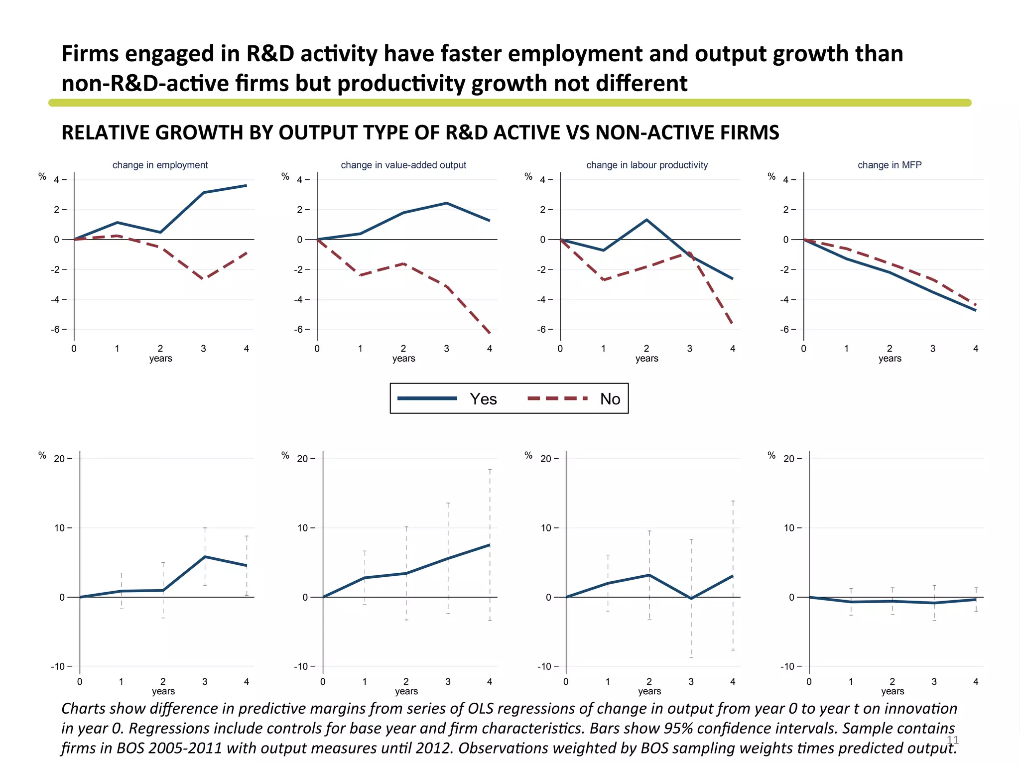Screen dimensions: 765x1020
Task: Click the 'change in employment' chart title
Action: (160, 165)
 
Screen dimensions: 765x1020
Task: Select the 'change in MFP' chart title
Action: (889, 165)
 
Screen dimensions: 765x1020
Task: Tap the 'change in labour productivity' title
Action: (646, 165)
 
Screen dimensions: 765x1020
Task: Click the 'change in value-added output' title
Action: (403, 165)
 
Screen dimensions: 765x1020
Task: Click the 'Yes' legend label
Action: (483, 399)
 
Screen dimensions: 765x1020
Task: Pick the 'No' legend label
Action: (610, 399)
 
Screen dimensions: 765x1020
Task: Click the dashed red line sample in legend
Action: (557, 398)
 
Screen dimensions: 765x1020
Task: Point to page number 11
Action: (952, 740)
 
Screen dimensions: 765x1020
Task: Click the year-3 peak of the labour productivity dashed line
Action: (690, 253)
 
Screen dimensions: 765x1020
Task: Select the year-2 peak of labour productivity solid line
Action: (646, 220)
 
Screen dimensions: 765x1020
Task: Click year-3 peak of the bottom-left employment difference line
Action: (205, 556)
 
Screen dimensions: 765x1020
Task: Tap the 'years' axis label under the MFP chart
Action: (890, 359)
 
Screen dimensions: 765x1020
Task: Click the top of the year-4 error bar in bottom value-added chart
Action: (490, 470)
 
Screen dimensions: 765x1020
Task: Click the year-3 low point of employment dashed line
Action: (204, 278)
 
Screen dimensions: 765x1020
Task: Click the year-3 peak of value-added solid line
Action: (446, 203)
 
